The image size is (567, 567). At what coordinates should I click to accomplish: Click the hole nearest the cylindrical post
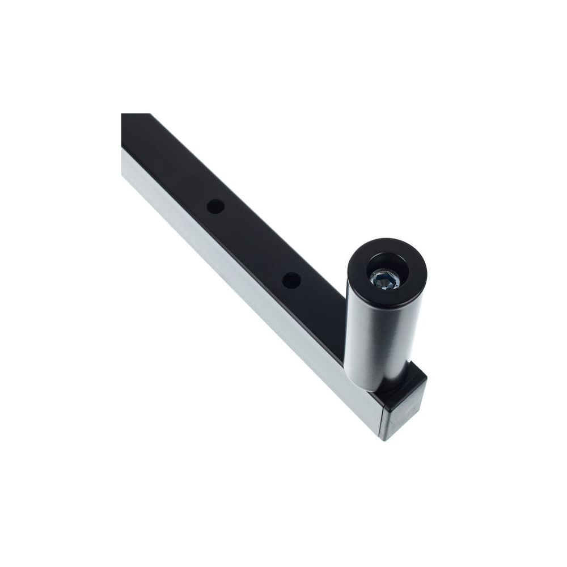point(291,280)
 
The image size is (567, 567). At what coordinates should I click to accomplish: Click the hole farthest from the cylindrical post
point(214,206)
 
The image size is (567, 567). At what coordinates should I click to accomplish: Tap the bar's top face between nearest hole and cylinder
point(320,306)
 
